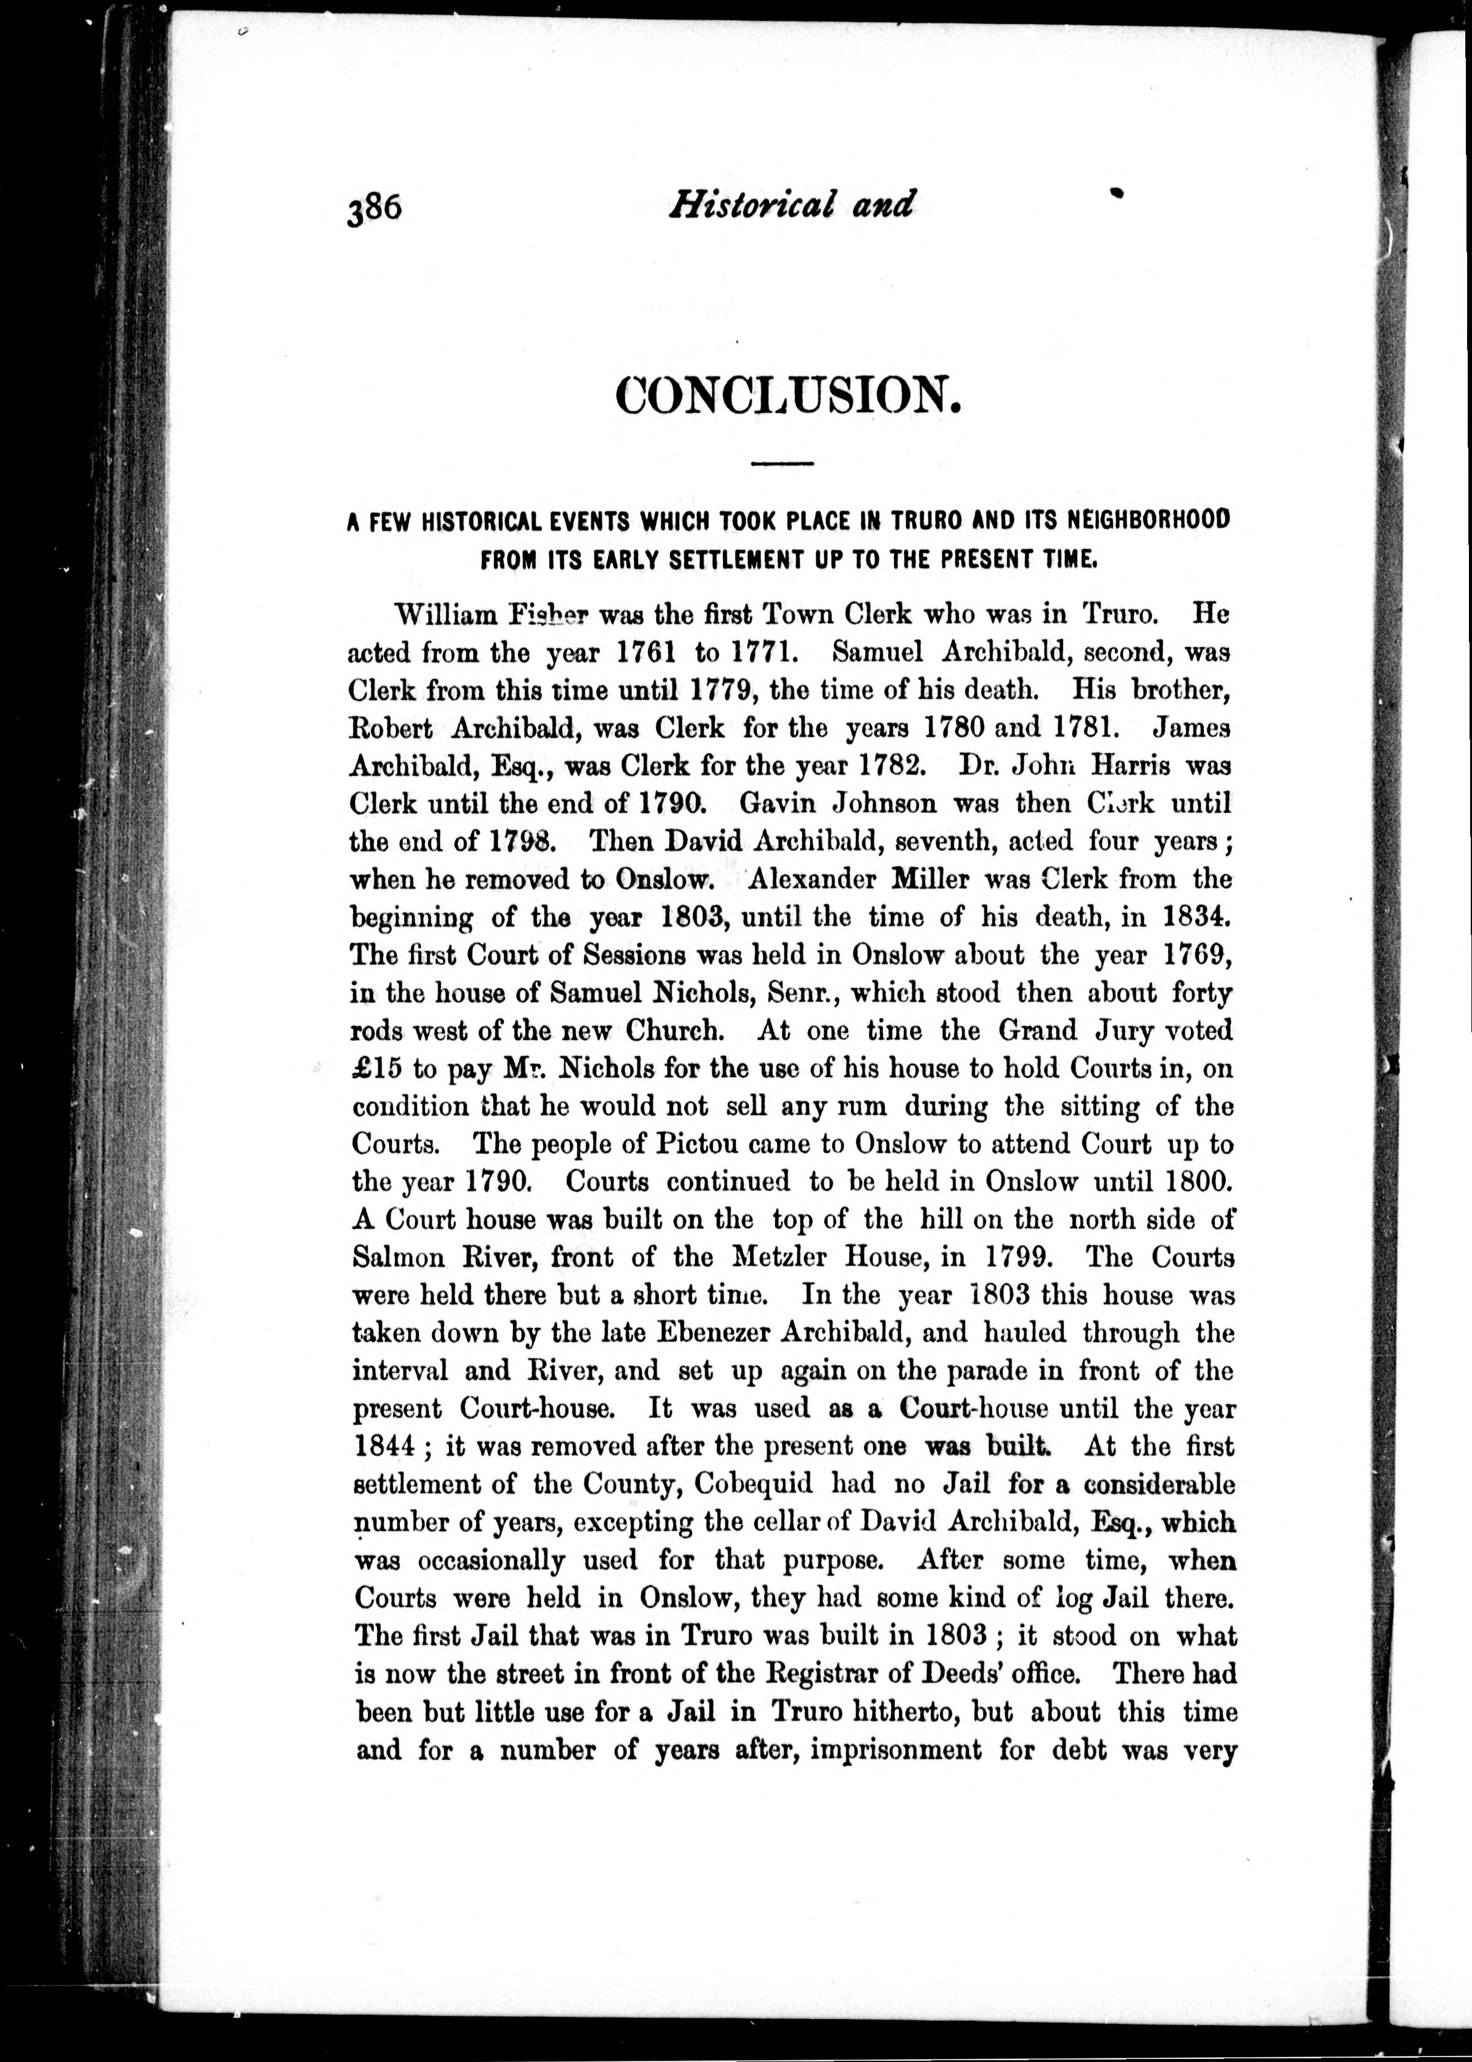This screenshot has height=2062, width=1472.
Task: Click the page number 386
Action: tap(374, 209)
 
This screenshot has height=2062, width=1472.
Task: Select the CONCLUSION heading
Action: tap(787, 395)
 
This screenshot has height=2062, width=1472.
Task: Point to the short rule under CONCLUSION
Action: tap(783, 464)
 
